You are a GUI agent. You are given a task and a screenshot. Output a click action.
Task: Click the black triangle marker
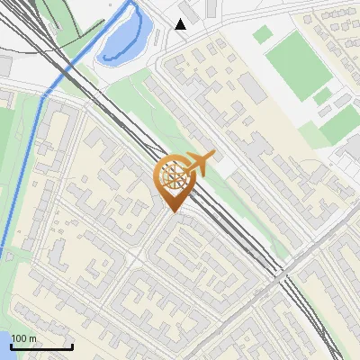coord(181,24)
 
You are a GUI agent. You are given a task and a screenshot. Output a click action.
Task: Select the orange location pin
coord(174,181)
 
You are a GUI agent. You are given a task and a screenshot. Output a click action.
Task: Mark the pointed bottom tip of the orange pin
coord(174,212)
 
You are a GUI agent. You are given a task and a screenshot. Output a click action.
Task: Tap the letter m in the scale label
coord(32,338)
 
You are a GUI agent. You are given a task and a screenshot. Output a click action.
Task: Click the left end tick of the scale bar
coord(12,345)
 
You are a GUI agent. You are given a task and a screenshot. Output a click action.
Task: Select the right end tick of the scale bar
coord(71,345)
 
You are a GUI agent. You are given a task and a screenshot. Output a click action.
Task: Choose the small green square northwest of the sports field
coord(262,34)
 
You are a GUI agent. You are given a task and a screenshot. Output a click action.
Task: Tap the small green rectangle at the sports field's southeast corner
coord(321,96)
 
